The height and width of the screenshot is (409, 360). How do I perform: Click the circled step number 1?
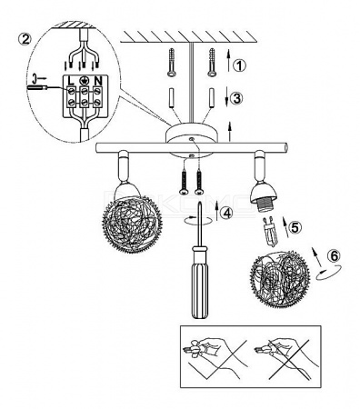(x=239, y=65)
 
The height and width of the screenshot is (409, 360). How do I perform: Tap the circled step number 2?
(x=25, y=39)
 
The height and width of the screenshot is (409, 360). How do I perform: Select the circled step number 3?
(x=236, y=98)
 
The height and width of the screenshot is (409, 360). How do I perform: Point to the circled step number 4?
(x=226, y=213)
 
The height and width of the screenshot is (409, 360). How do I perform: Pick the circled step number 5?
(x=295, y=227)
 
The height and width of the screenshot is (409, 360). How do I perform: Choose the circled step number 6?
(x=334, y=256)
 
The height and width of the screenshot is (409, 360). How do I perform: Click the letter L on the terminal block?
(x=71, y=81)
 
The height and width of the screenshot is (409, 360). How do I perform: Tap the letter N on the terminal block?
(x=97, y=81)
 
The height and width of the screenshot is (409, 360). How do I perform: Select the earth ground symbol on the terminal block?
(x=84, y=81)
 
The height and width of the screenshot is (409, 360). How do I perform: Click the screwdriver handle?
(x=200, y=282)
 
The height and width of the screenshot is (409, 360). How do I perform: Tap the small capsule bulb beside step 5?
(x=270, y=231)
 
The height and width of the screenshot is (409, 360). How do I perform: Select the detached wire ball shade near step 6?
(x=280, y=279)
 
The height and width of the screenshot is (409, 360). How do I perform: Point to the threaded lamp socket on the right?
(x=263, y=203)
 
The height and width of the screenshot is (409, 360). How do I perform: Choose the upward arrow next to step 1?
(x=228, y=61)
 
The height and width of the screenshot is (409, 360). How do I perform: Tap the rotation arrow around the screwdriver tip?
(x=198, y=221)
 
